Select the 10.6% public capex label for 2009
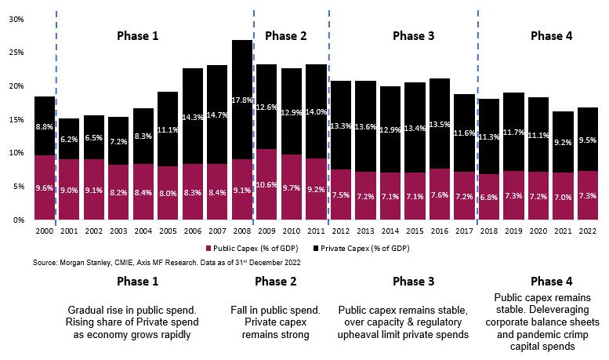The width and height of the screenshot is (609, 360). coord(267,185)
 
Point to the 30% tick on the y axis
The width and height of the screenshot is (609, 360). coord(16,19)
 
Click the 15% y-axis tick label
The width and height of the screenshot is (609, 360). coord(16,119)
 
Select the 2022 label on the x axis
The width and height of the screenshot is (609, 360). coord(587,231)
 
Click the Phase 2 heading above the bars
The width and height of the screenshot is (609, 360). coord(286,36)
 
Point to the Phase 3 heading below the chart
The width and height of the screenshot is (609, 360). coord(415,281)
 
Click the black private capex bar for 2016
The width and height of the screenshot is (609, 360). coord(440,123)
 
